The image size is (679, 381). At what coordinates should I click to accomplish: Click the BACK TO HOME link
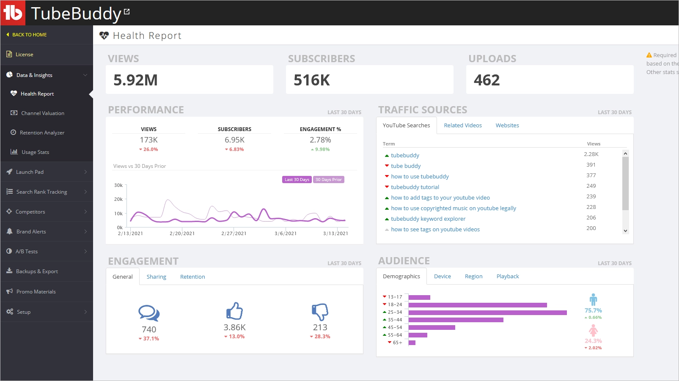[x=29, y=35]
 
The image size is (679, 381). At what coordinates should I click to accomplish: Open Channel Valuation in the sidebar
[x=42, y=113]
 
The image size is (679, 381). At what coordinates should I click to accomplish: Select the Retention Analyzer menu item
[x=42, y=133]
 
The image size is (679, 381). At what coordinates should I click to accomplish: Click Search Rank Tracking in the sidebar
[x=41, y=192]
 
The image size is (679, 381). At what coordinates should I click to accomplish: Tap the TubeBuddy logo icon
[x=13, y=13]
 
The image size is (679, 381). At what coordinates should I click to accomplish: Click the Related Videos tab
[x=463, y=126]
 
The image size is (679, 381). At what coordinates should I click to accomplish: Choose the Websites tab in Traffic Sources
[x=507, y=126]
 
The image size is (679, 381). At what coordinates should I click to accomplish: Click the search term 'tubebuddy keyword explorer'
[x=428, y=219]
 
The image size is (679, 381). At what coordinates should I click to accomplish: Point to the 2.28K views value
[x=591, y=154]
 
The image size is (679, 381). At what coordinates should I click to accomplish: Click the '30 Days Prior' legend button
[x=328, y=180]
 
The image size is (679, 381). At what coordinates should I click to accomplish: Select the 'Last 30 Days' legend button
[x=297, y=180]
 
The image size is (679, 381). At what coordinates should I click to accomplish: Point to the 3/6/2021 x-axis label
[x=286, y=233]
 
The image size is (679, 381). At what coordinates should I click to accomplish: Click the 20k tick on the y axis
[x=118, y=199]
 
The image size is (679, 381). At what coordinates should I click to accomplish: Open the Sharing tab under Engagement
[x=156, y=277]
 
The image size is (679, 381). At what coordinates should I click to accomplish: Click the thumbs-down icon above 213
[x=320, y=312]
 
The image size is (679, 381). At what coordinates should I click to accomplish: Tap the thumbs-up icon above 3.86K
[x=234, y=311]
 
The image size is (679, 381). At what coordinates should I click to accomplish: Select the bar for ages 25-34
[x=487, y=312]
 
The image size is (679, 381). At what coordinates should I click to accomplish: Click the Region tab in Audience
[x=473, y=277]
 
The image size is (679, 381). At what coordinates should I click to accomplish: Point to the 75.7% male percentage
[x=593, y=310]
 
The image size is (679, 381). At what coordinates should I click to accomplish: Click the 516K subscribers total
[x=312, y=80]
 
